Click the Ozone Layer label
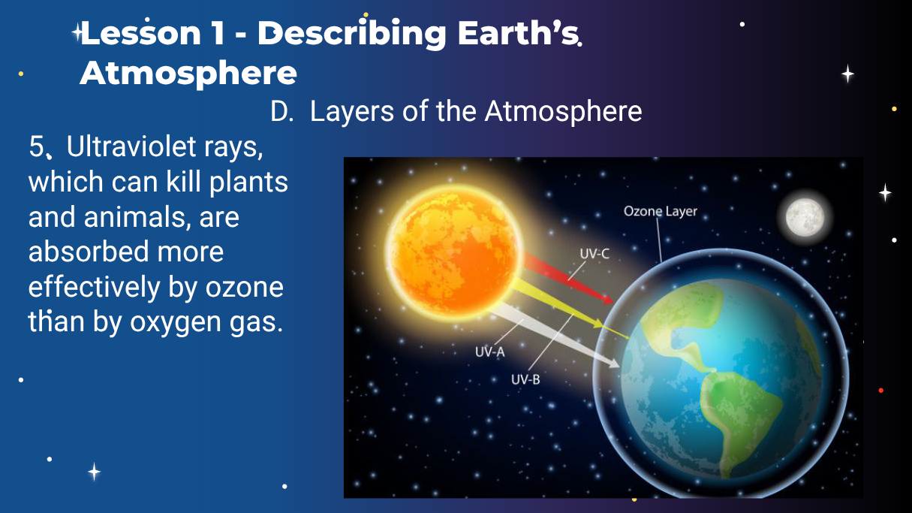click(661, 211)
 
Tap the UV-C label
click(594, 254)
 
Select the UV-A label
click(490, 352)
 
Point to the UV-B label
click(525, 379)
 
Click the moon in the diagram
click(805, 217)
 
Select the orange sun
click(453, 252)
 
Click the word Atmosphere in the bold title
click(188, 74)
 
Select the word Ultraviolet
click(131, 146)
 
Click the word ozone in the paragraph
click(244, 288)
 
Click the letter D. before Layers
click(281, 111)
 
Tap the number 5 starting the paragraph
click(36, 146)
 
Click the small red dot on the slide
click(881, 391)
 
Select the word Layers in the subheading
click(352, 112)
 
